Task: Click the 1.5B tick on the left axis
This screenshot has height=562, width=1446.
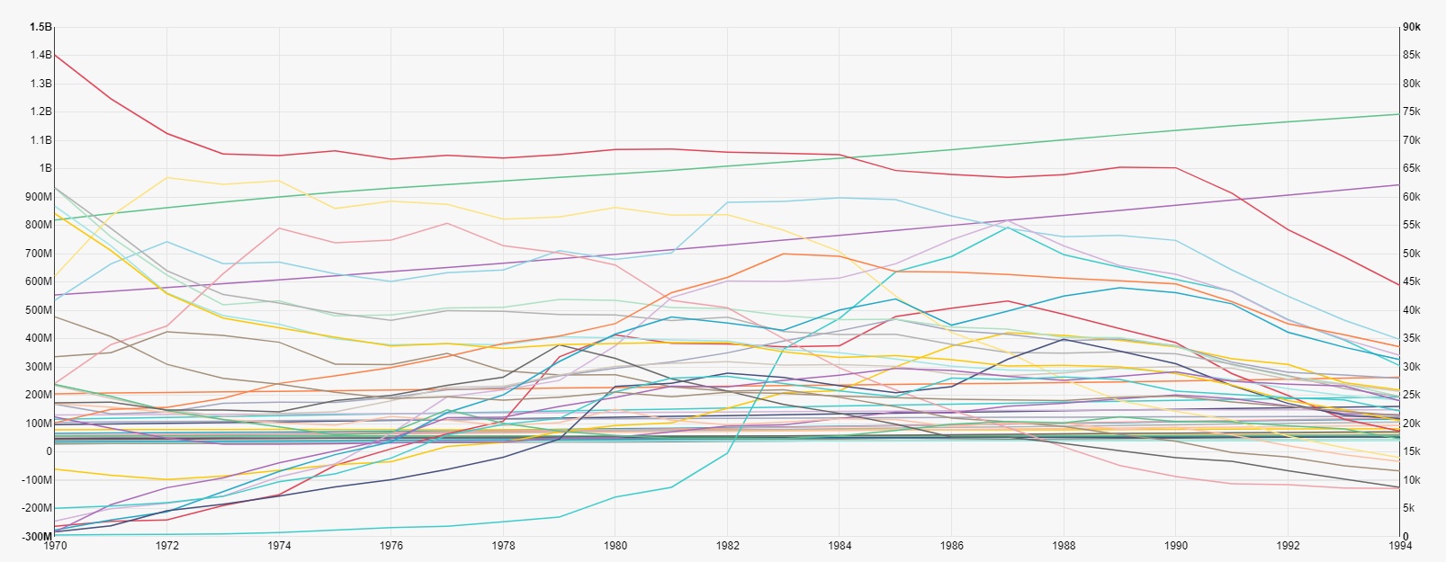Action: point(41,27)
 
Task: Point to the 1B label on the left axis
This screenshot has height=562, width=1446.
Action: point(45,168)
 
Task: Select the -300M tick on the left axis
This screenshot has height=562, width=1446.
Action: point(39,537)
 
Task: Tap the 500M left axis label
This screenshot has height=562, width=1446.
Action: point(40,310)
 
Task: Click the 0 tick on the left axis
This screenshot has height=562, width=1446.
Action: point(49,451)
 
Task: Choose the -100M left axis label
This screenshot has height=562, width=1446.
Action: point(39,480)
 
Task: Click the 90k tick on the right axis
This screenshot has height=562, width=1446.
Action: point(1412,27)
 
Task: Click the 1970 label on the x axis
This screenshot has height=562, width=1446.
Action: point(55,546)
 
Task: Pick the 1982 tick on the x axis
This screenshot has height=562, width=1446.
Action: point(728,546)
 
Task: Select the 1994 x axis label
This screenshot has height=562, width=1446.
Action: point(1400,546)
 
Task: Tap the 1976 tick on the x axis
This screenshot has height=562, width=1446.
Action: point(391,546)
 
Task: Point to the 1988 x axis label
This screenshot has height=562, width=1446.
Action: point(1064,546)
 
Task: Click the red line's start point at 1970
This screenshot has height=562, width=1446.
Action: point(55,55)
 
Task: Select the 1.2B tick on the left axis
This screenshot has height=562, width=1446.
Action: point(41,112)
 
